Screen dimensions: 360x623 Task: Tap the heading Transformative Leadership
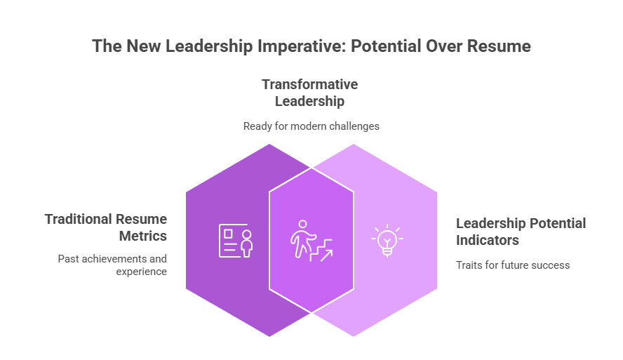tap(309, 93)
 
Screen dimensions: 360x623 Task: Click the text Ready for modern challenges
tap(311, 126)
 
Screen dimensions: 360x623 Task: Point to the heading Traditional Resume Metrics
tap(106, 227)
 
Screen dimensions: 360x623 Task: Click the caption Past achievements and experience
tap(112, 265)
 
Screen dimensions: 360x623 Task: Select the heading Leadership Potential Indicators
tap(521, 232)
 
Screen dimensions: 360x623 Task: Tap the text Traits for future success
tap(512, 265)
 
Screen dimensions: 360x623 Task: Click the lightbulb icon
tap(387, 241)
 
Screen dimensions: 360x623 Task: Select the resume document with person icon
tap(235, 241)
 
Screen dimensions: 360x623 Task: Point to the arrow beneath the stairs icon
tap(325, 254)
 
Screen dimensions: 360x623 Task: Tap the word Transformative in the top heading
tap(309, 84)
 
